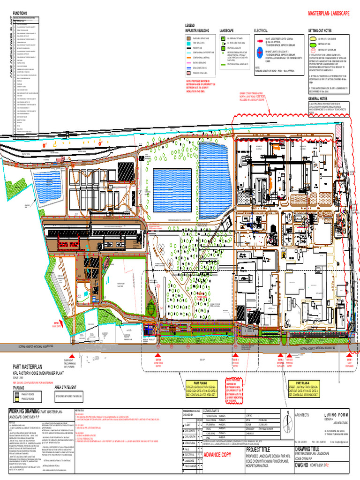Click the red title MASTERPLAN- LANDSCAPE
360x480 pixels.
click(x=328, y=15)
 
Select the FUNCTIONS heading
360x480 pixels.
click(x=20, y=13)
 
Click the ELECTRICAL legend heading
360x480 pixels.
click(x=261, y=30)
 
